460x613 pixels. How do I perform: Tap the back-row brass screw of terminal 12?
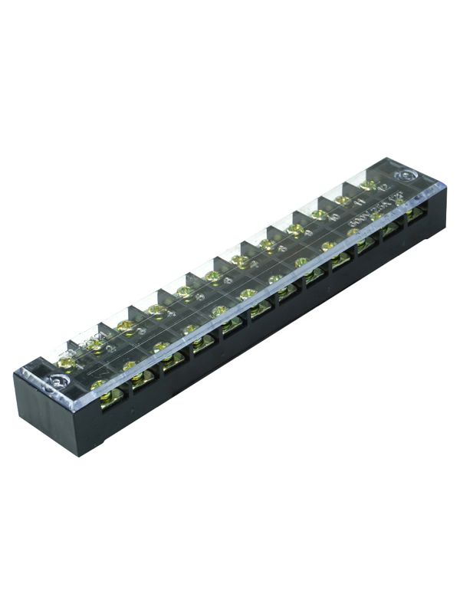coord(369,185)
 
